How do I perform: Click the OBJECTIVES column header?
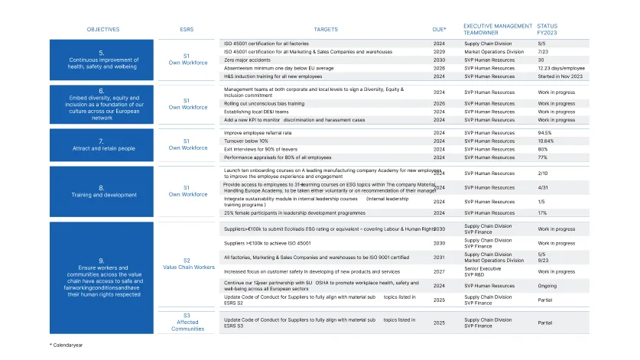[x=102, y=30]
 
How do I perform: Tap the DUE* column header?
[x=439, y=30]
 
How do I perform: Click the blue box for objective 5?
[x=102, y=60]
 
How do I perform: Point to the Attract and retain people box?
[x=102, y=144]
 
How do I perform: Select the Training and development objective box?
[x=102, y=191]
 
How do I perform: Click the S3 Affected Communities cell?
[x=187, y=323]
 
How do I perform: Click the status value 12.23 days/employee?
[x=561, y=68]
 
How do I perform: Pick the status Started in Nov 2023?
[x=560, y=76]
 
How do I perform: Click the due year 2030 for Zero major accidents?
[x=439, y=60]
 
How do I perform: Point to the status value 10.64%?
[x=546, y=141]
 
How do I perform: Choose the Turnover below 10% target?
[x=246, y=141]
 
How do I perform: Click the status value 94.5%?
[x=544, y=133]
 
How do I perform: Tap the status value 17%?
[x=542, y=213]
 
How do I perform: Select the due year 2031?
[x=439, y=258]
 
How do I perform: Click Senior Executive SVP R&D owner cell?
[x=482, y=271]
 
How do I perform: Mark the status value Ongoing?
[x=548, y=286]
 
